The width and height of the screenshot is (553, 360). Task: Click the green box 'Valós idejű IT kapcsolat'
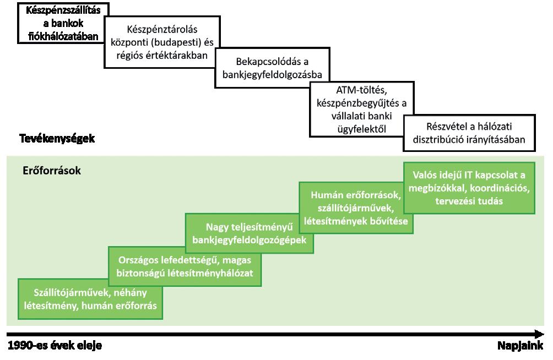469,188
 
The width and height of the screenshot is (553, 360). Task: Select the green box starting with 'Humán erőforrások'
356,208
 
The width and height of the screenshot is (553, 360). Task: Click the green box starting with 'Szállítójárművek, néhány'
91,298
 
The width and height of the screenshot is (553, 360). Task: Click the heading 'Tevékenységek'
57,139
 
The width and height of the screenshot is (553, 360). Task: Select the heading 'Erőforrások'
52,171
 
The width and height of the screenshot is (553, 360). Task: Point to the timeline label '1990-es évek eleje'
55,346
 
